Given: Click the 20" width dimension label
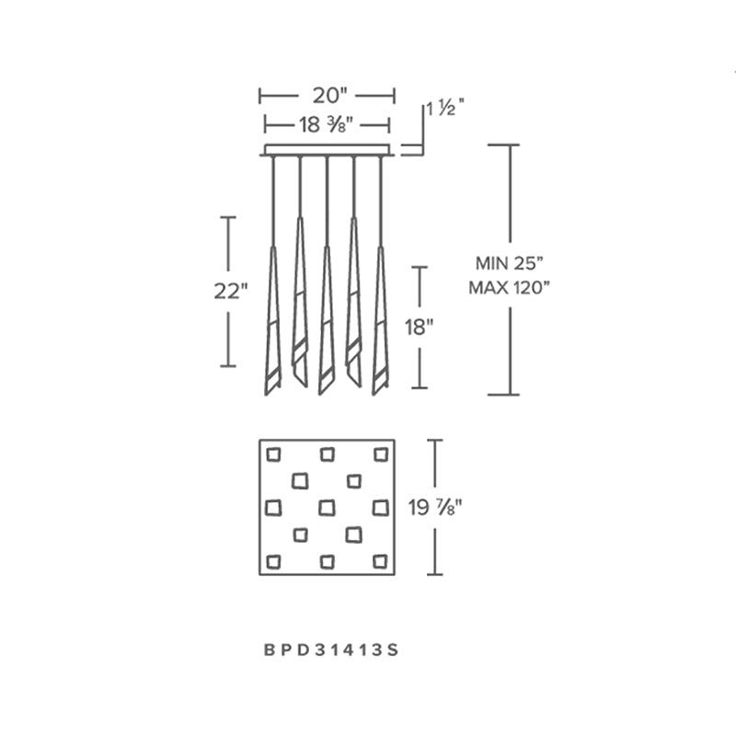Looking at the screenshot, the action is pos(329,96).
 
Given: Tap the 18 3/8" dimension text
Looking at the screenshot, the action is pos(327,125).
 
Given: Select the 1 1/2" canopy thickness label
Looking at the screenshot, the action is pos(445,109).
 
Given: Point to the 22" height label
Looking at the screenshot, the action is pos(231,292).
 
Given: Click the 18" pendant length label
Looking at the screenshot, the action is pos(420,328).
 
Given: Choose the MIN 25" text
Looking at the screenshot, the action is pos(510,263).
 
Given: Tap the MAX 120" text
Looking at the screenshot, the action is pos(510,287).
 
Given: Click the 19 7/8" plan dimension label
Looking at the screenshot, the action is pos(435,508).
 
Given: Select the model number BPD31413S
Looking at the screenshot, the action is pos(331,650).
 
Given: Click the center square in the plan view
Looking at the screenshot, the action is pos(328,508).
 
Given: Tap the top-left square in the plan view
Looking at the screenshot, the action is pos(273,454).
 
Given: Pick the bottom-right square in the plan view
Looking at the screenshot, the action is pos(381,561).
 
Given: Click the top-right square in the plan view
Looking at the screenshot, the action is pos(381,454).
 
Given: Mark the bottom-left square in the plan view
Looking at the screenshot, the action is pos(273,561).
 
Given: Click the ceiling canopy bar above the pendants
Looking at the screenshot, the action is pos(328,150).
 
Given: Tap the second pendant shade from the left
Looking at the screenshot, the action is pos(300,302).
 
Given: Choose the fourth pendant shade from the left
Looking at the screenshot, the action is pos(353,302).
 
